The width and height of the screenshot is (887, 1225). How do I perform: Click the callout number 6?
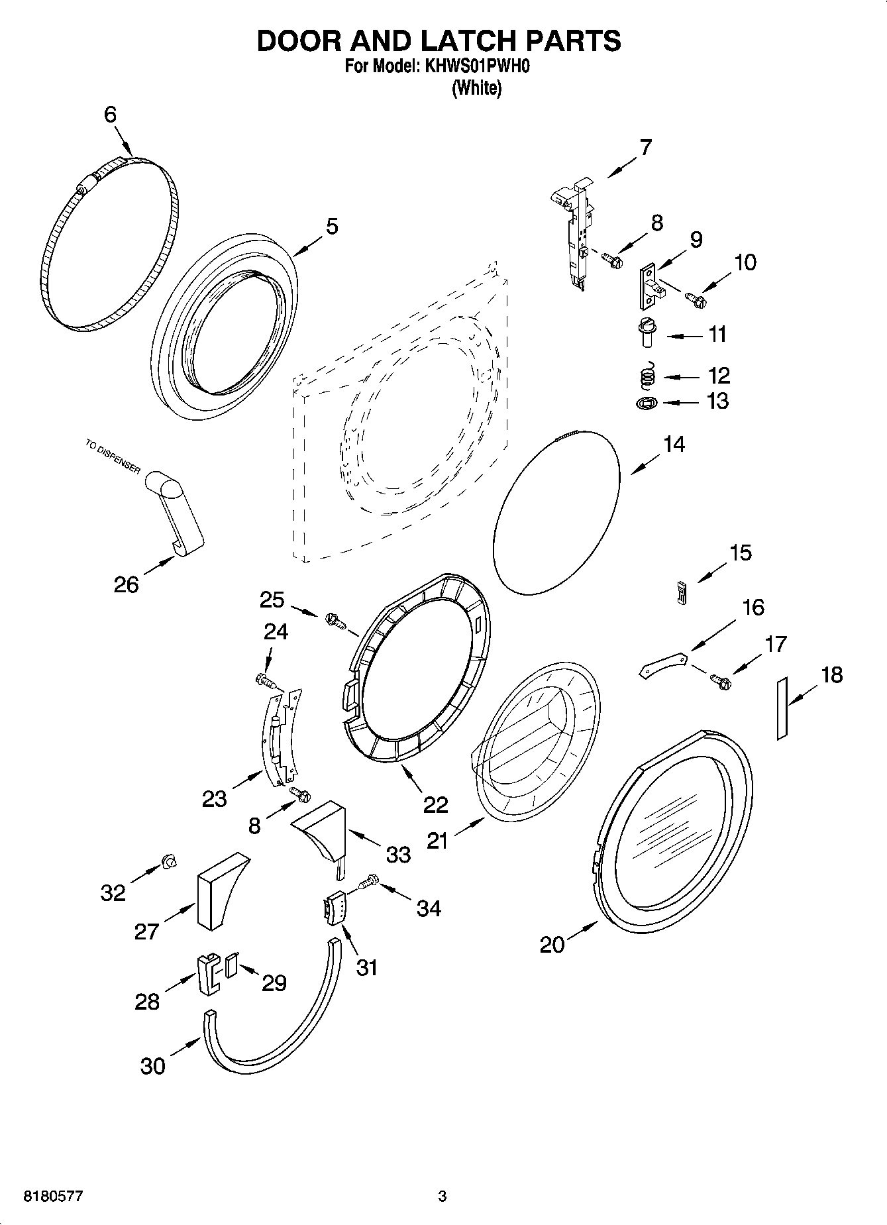tap(110, 115)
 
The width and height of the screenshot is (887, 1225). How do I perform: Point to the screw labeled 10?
tap(696, 299)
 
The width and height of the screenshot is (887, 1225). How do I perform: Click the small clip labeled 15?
tap(680, 591)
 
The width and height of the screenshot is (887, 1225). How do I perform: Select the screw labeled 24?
tap(264, 680)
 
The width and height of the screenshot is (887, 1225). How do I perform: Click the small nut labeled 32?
tap(169, 861)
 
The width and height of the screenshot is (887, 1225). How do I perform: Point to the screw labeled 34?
tap(368, 880)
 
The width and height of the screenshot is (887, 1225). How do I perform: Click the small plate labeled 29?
tap(231, 965)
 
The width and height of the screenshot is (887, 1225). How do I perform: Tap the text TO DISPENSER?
tap(112, 456)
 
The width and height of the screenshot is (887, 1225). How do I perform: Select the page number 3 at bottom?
tap(442, 1197)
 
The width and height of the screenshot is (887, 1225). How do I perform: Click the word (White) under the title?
tap(476, 87)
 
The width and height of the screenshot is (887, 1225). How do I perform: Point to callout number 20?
tap(552, 944)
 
